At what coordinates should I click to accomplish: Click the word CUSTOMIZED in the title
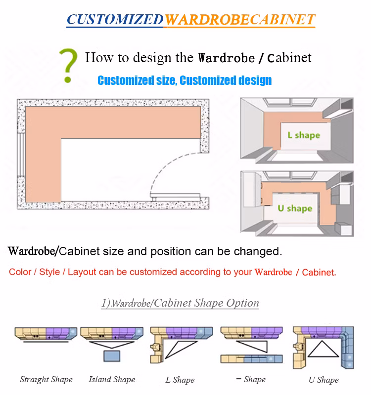click(x=115, y=19)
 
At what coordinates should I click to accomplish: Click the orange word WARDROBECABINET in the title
click(x=239, y=19)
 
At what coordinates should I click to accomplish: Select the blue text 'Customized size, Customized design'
click(x=185, y=80)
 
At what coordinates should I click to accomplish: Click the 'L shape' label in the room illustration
click(x=304, y=135)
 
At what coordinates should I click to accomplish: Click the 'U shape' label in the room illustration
click(x=294, y=208)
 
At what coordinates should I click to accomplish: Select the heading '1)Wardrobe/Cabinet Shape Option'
click(x=180, y=303)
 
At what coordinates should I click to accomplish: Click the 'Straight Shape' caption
click(x=46, y=380)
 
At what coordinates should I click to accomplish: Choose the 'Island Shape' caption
click(x=112, y=380)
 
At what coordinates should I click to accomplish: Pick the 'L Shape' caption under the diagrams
click(x=180, y=380)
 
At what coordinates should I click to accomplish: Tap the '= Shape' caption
click(x=251, y=380)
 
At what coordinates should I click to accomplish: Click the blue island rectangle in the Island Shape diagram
click(x=111, y=355)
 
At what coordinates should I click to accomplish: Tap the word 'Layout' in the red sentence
click(x=82, y=272)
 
